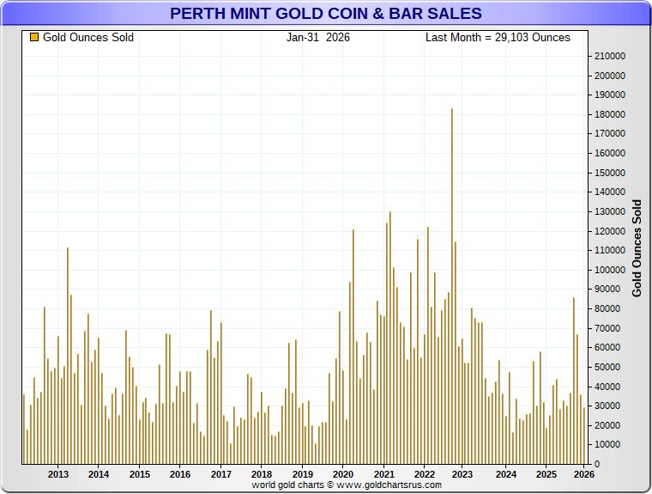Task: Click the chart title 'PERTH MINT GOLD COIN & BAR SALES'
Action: pos(325,14)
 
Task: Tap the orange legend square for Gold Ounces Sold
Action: pos(34,38)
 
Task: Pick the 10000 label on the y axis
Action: pos(606,445)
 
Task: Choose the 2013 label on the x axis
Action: pos(58,474)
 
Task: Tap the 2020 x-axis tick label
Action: pos(343,474)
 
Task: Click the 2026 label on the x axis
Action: pos(584,474)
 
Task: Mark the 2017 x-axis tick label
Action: pos(220,474)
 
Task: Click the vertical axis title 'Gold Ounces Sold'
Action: pos(637,247)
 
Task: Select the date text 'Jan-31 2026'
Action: pos(318,38)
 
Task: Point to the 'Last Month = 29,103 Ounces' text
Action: pos(498,38)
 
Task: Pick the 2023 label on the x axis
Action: pos(462,474)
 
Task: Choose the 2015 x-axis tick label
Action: pos(140,474)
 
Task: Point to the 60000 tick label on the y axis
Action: pos(606,348)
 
